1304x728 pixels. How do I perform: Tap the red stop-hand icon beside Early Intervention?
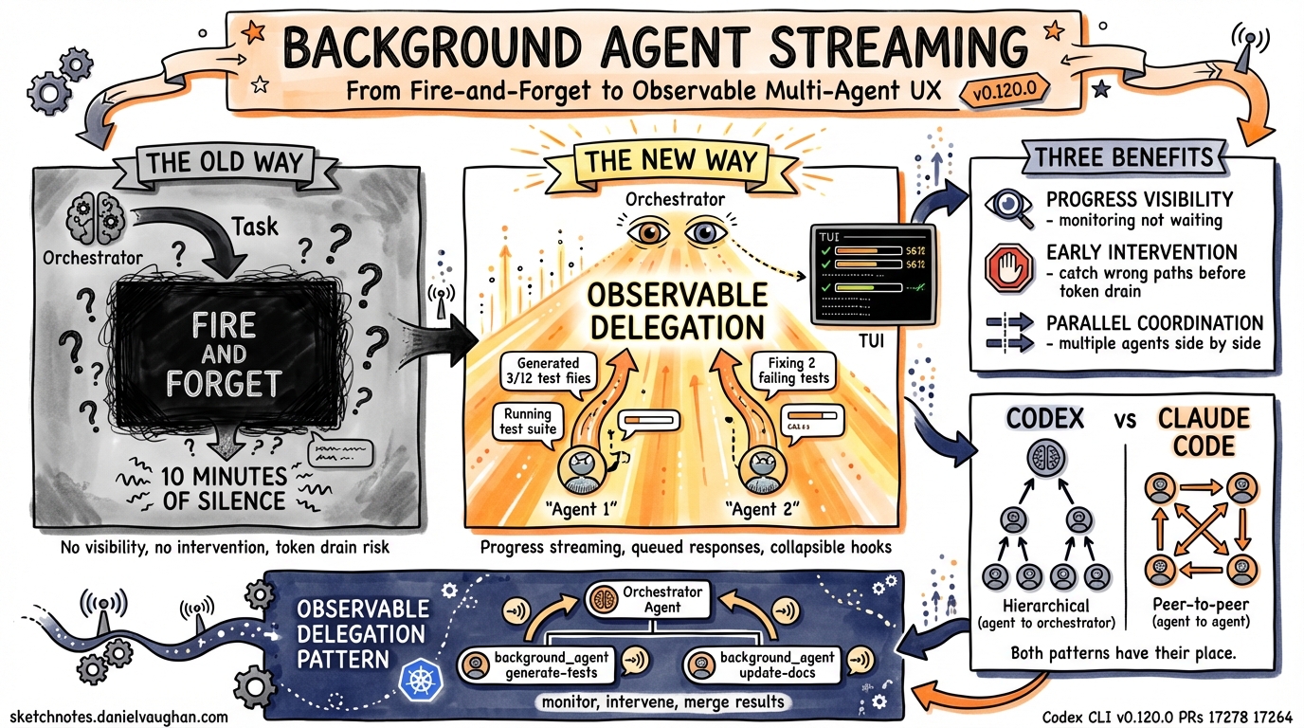pos(1006,268)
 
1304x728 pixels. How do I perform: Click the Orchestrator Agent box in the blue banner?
pos(643,599)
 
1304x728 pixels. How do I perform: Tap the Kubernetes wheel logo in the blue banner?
pos(418,678)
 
